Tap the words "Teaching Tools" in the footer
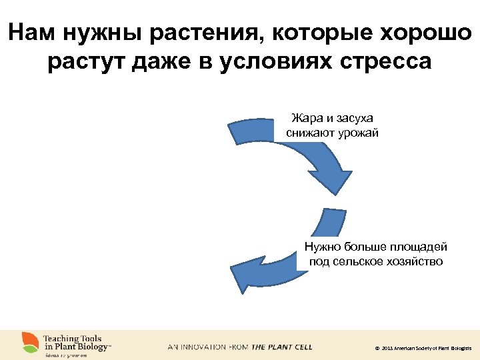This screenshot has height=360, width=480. [x=71, y=339]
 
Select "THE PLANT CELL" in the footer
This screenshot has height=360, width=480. [x=281, y=347]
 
